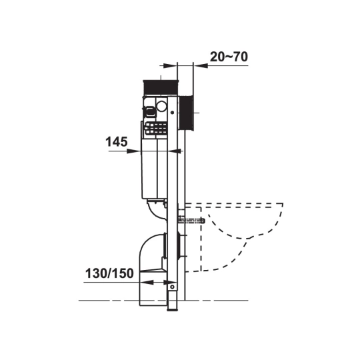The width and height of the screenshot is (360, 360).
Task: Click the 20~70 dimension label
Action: (x=229, y=57)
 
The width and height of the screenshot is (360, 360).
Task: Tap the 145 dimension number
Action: (x=117, y=141)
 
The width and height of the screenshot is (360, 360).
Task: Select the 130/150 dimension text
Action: (x=109, y=273)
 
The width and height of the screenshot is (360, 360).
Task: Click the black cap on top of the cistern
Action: (x=161, y=87)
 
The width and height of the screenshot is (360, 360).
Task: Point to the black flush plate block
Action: (x=186, y=113)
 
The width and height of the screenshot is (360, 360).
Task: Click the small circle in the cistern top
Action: (x=161, y=106)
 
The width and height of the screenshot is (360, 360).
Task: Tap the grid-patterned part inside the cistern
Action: (x=155, y=128)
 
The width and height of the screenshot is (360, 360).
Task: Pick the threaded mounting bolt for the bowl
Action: (x=191, y=221)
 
